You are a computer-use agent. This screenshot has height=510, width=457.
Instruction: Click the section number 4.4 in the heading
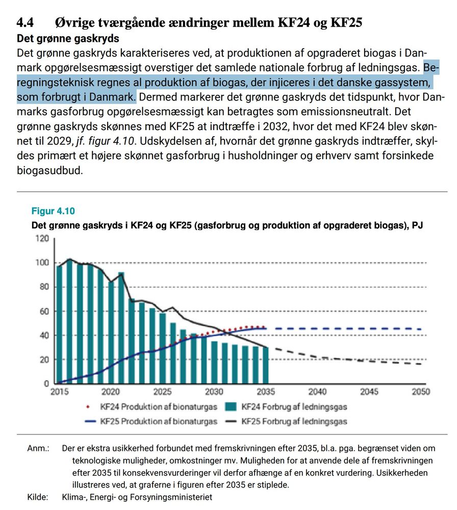point(26,22)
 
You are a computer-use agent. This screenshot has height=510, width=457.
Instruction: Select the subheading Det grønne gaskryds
point(68,38)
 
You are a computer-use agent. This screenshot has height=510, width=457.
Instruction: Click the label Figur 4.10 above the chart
point(53,211)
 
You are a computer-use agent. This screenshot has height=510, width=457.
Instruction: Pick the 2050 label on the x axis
point(421,392)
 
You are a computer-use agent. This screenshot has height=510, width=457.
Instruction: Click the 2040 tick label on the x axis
point(317,392)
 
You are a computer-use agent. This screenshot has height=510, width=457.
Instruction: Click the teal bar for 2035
point(266,365)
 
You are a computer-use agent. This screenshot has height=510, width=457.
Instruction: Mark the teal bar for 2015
point(60,324)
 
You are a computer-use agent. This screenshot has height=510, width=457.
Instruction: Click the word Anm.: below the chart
point(38,449)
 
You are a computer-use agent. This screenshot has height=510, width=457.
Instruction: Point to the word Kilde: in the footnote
point(38,497)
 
